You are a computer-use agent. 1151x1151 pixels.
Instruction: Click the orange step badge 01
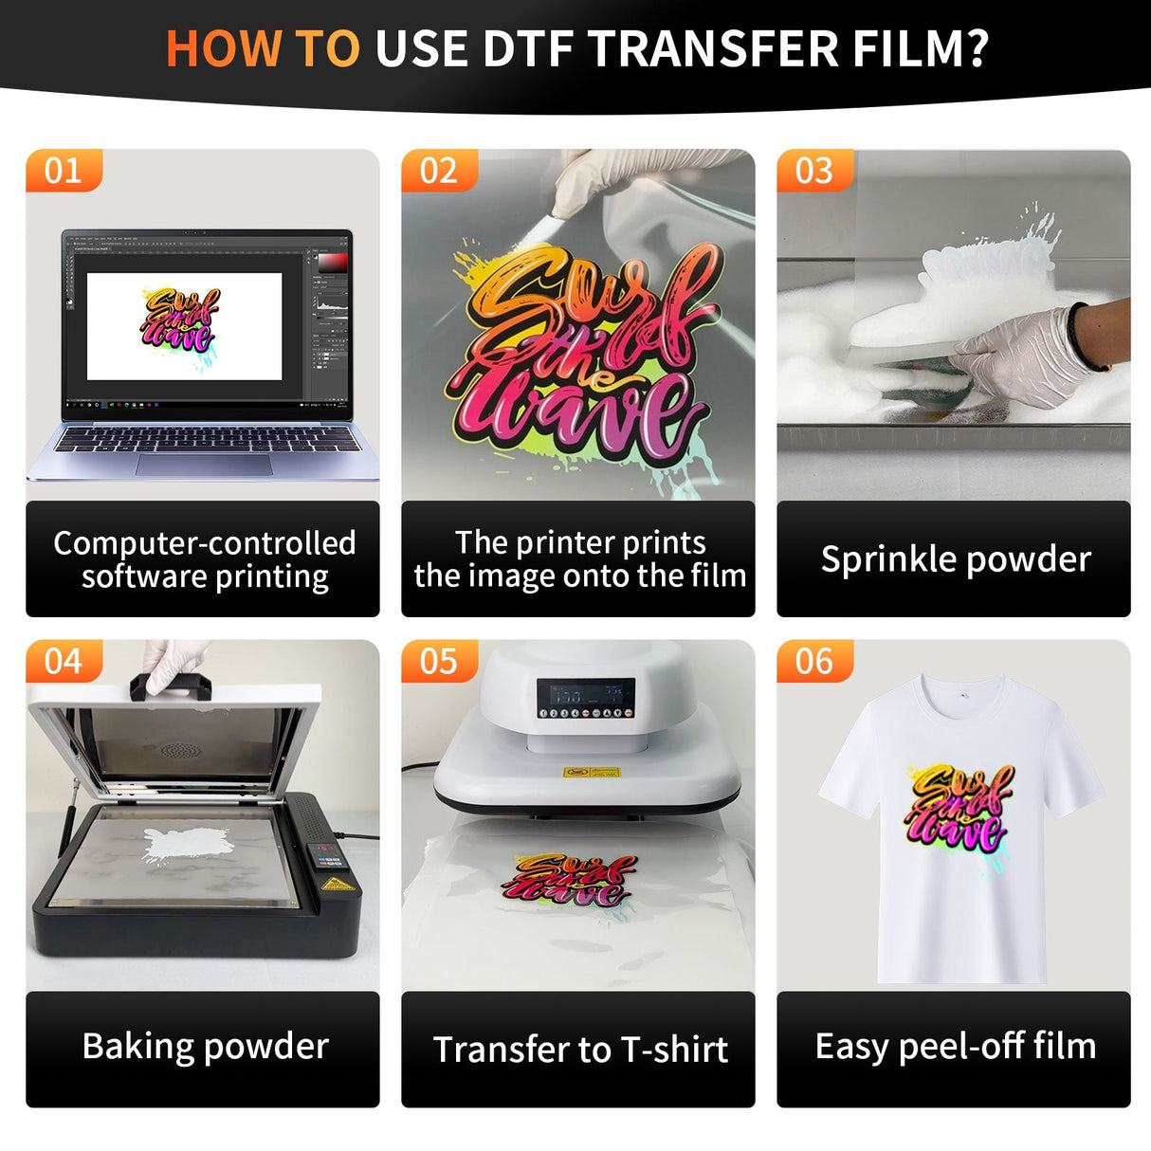63,171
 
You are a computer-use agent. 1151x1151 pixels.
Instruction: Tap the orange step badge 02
438,171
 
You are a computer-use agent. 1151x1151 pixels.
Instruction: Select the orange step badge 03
813,171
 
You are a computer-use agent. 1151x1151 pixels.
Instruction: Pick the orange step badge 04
63,661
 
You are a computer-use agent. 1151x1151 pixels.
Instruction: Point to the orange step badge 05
438,661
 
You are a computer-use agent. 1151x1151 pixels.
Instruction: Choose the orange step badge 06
813,661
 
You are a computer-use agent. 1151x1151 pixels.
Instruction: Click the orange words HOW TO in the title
263,49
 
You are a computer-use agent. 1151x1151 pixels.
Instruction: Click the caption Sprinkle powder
956,559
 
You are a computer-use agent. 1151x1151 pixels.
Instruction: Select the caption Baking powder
205,1046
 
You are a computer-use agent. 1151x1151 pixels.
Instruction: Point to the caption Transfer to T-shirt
580,1050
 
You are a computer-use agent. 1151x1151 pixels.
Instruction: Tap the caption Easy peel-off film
956,1046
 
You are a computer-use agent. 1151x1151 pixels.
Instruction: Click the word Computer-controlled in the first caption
205,542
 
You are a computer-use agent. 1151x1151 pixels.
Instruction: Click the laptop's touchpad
204,465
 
